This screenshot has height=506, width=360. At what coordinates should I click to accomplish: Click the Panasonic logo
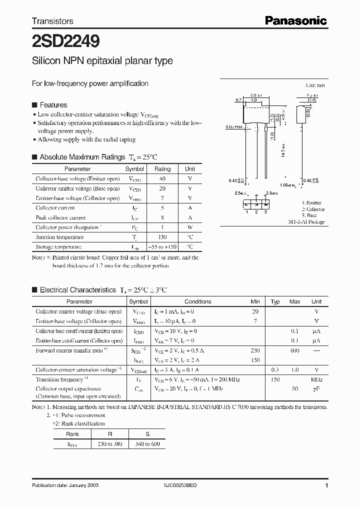click(295, 20)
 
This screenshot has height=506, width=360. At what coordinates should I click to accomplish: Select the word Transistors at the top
click(52, 21)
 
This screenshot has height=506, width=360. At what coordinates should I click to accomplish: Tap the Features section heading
click(53, 105)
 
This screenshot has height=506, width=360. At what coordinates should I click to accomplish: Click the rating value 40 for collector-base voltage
click(162, 179)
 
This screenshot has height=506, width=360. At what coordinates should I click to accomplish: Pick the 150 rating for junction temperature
click(162, 237)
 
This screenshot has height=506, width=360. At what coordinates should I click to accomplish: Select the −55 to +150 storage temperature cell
click(162, 247)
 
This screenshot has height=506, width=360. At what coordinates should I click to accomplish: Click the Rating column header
click(162, 169)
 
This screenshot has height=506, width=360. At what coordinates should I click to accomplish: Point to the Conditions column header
click(198, 301)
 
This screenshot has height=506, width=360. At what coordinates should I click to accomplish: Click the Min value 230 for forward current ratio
click(255, 350)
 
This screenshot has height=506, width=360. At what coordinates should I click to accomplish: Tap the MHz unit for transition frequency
click(316, 379)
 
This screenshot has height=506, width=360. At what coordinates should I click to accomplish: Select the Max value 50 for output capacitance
click(295, 388)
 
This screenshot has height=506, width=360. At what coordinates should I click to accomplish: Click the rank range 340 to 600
click(147, 443)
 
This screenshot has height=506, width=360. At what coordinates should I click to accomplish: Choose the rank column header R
click(110, 434)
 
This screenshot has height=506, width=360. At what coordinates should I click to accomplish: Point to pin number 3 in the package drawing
click(265, 212)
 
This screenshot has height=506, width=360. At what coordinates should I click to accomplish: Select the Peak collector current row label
click(60, 217)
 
